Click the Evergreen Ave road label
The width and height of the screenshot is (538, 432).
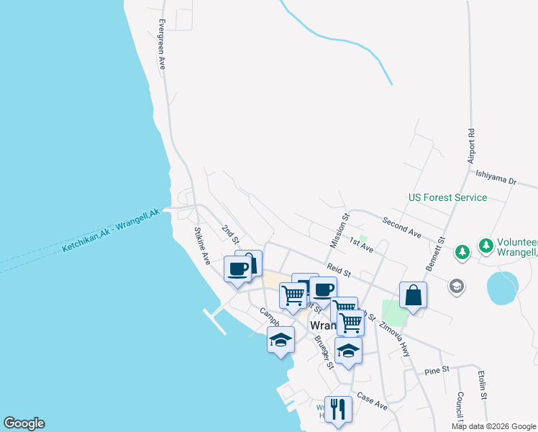click(162, 44)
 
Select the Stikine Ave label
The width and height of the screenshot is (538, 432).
click(201, 246)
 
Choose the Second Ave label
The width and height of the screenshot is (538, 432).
click(402, 228)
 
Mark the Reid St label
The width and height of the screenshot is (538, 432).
click(338, 271)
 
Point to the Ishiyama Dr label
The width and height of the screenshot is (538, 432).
click(496, 177)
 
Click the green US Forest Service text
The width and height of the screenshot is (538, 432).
click(447, 197)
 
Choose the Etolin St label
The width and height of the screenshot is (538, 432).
click(483, 385)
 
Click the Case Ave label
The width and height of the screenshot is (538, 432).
click(372, 402)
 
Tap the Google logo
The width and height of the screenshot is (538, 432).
click(24, 423)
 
